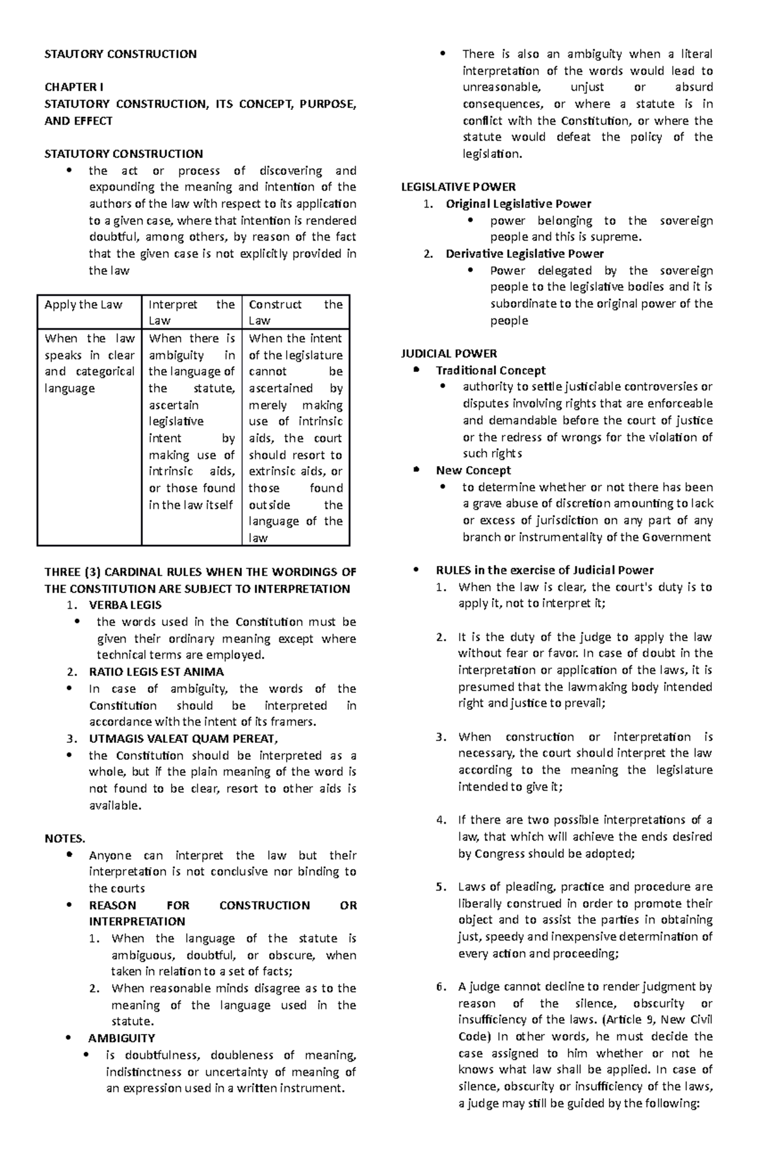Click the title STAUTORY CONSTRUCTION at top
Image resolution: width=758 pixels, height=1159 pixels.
click(120, 54)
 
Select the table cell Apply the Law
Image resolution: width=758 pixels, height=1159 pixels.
click(83, 305)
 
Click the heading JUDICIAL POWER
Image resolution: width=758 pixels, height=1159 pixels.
click(449, 354)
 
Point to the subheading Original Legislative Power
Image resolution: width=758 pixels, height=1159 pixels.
click(518, 204)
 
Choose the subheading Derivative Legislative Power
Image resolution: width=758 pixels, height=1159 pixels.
click(524, 254)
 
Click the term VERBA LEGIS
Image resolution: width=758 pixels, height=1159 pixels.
click(125, 605)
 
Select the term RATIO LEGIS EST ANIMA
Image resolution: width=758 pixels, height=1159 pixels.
click(156, 672)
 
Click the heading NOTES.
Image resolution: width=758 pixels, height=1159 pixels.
click(64, 839)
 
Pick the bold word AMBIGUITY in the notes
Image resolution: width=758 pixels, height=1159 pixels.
click(121, 1038)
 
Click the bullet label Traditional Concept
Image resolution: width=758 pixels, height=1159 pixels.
click(490, 371)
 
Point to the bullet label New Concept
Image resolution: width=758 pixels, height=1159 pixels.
click(473, 471)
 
